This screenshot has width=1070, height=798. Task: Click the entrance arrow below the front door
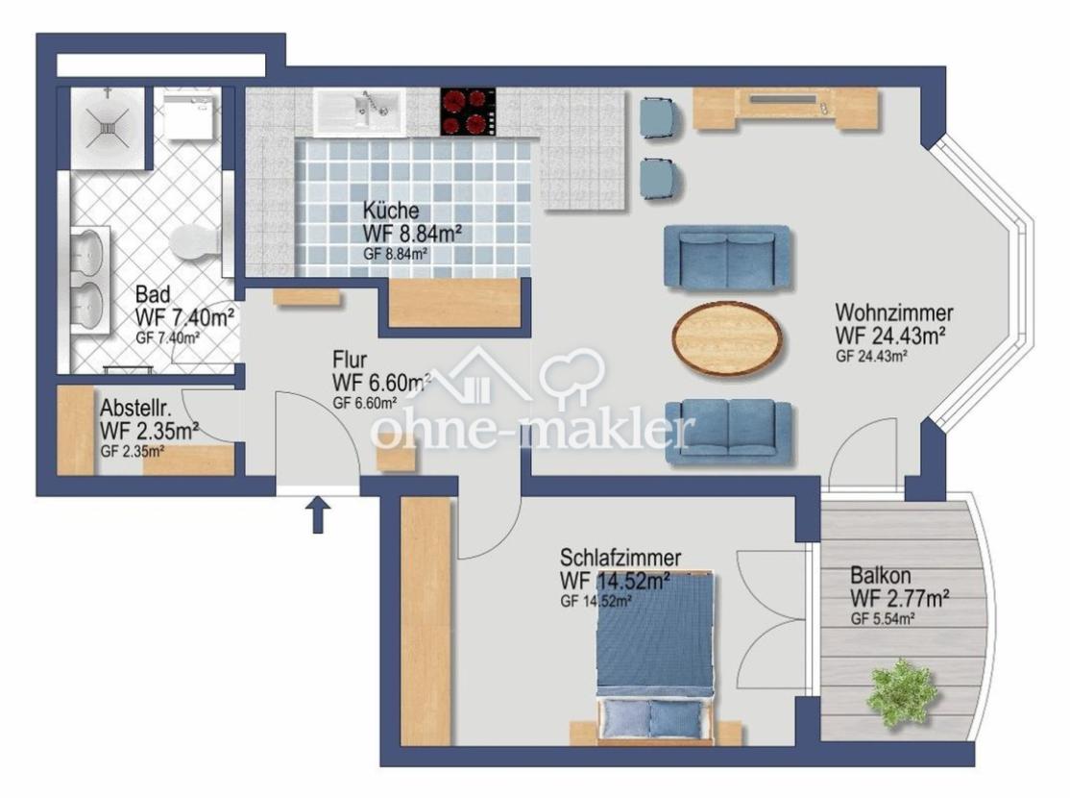317,514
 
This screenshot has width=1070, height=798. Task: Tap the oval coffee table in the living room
727,338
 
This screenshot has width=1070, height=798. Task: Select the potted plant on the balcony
902,693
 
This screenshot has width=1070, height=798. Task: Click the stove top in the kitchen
467,112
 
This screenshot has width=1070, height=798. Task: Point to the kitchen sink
359,112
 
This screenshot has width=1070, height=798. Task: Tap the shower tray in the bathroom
108,127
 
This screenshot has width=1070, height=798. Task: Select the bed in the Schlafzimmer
656,658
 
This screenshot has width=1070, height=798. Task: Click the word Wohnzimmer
894,312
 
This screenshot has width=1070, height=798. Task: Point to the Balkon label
880,575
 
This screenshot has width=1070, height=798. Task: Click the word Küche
391,211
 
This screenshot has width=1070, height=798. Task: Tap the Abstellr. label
135,409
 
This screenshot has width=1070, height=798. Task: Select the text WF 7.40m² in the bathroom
185,317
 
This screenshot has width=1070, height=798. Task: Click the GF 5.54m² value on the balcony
883,619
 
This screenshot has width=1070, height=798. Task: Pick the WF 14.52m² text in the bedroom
614,581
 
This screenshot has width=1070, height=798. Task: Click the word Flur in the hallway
350,360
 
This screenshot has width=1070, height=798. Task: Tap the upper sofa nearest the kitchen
727,259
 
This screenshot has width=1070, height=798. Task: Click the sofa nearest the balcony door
729,432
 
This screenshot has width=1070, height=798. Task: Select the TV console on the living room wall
787,108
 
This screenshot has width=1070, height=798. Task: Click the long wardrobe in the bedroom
426,621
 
